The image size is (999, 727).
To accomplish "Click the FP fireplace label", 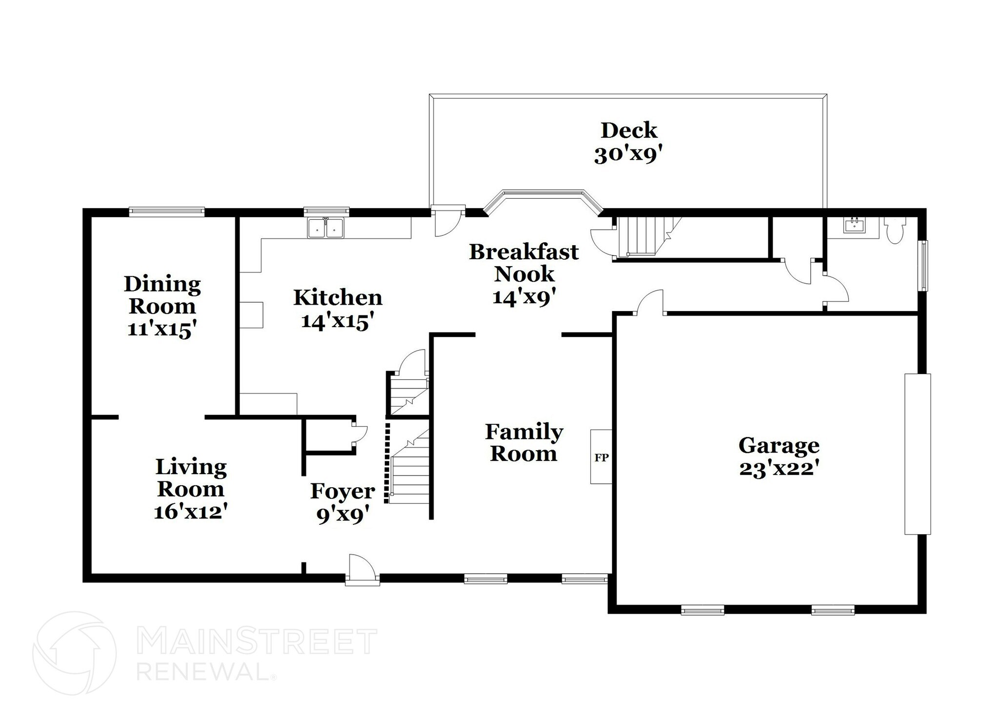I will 601,457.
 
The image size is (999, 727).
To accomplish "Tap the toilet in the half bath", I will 894,231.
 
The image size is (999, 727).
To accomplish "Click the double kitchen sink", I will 325,228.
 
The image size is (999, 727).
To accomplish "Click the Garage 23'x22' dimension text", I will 779,468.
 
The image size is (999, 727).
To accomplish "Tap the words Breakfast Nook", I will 524,263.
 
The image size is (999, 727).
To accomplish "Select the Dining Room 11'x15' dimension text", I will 162,329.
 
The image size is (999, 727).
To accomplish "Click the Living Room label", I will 191,478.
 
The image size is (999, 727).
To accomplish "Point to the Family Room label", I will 524,442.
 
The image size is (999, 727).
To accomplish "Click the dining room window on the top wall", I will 166,211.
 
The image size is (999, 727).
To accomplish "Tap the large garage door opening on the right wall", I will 917,454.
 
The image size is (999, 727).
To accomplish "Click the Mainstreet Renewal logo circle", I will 74,653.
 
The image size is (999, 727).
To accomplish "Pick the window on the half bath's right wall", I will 923,266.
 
